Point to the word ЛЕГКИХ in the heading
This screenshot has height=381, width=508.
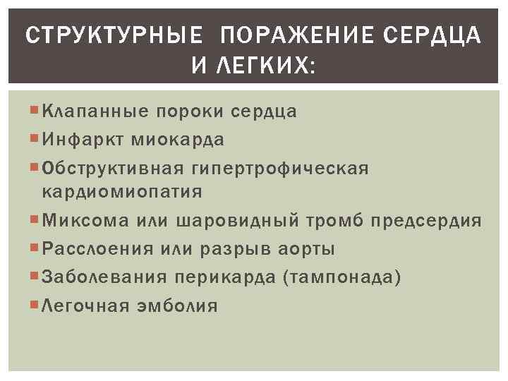click(264, 66)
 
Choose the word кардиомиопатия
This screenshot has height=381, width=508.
click(123, 191)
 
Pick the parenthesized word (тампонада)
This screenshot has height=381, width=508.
click(341, 277)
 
